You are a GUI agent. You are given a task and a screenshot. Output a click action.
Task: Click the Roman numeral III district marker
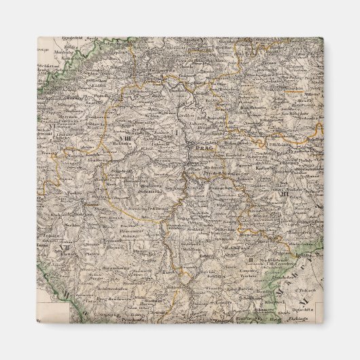(283, 195)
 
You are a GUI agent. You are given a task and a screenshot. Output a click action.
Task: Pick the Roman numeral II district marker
(251, 259)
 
